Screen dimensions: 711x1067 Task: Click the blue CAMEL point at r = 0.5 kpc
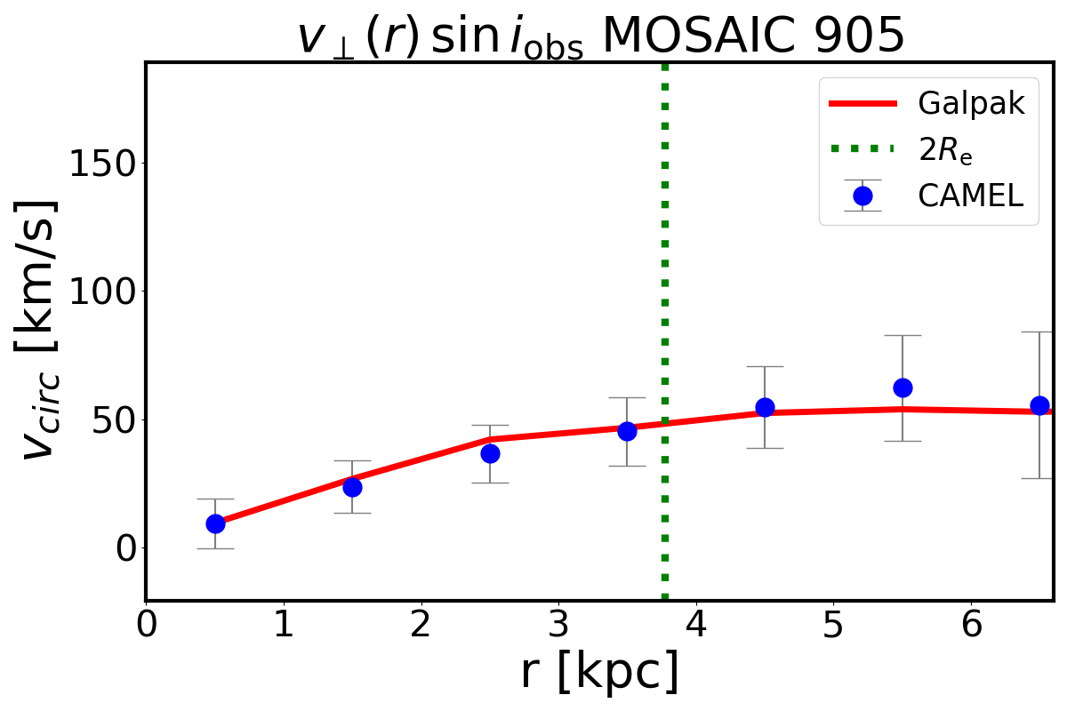[x=215, y=523]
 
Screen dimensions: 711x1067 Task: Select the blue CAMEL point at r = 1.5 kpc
[x=352, y=487]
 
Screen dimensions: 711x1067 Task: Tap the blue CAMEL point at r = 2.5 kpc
[x=490, y=453]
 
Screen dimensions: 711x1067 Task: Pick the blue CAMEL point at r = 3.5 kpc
[x=627, y=431]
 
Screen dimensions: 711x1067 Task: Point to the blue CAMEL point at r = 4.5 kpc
[x=765, y=407]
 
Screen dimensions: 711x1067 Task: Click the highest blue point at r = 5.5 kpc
[x=903, y=387]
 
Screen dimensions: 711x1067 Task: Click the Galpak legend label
[x=972, y=104]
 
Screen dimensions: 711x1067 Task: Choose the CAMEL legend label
[x=971, y=196]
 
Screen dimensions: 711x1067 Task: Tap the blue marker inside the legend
[x=862, y=196]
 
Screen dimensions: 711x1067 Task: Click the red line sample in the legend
[x=862, y=104]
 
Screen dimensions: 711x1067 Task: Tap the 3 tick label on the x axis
[x=558, y=625]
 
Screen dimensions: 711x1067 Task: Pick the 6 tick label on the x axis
[x=971, y=625]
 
